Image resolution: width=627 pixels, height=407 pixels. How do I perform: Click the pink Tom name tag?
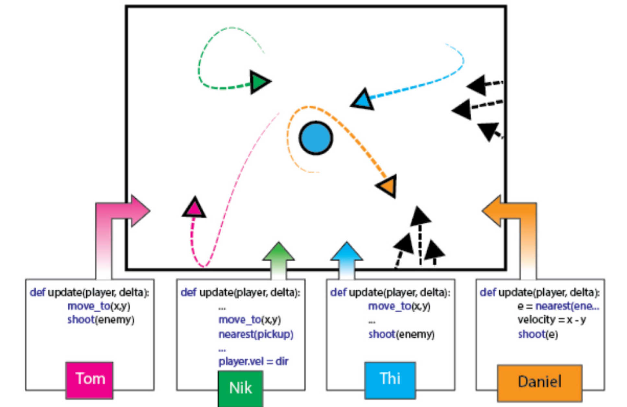[89, 379]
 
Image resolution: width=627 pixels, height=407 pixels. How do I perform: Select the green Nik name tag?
[240, 388]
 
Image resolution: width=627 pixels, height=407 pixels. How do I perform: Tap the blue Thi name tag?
[390, 379]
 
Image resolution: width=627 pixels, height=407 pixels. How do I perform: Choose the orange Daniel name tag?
[539, 382]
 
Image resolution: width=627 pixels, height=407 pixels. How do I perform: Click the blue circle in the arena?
[316, 138]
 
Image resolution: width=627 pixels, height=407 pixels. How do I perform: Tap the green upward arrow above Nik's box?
[278, 259]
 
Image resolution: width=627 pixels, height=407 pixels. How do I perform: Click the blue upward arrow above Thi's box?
[347, 259]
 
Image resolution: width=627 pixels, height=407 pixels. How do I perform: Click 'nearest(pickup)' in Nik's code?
[256, 334]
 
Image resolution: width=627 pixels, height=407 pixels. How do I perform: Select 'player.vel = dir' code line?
[254, 361]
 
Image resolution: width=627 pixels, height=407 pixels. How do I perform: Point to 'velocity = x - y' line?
[551, 320]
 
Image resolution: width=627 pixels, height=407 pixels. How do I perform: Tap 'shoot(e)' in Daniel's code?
[538, 334]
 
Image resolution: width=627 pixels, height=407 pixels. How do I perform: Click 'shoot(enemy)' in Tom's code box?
[101, 320]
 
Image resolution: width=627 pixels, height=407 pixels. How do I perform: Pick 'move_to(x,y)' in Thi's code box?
[399, 306]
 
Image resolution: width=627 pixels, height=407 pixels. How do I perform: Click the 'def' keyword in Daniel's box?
[488, 292]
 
